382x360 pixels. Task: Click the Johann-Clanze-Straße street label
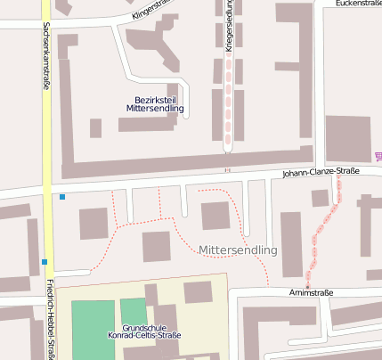(x=321, y=171)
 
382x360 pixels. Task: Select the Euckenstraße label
(x=358, y=4)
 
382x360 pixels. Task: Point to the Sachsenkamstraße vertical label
(x=45, y=54)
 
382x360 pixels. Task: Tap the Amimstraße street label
(x=311, y=291)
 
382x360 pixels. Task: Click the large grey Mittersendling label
(x=239, y=250)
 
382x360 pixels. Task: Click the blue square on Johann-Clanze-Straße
(x=62, y=196)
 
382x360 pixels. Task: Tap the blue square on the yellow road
(x=44, y=261)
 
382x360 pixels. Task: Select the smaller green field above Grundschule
(x=133, y=310)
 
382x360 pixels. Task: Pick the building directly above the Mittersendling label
(x=215, y=216)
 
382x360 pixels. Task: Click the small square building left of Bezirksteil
(x=95, y=127)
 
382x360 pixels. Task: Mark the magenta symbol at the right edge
(x=378, y=157)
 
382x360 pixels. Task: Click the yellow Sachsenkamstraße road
(x=47, y=134)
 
